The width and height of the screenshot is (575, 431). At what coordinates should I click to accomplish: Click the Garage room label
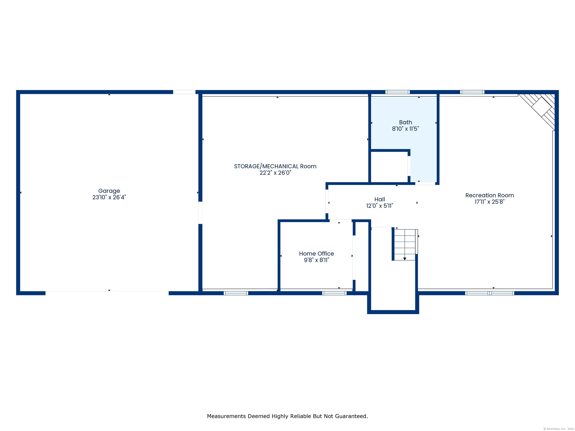pyautogui.click(x=109, y=191)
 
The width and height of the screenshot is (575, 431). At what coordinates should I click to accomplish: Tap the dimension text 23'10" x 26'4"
pyautogui.click(x=109, y=197)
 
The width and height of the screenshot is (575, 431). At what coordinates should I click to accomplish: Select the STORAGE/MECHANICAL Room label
pyautogui.click(x=275, y=166)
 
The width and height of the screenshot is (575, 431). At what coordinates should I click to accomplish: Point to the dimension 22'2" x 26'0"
pyautogui.click(x=275, y=173)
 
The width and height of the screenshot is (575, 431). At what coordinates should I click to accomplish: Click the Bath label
pyautogui.click(x=406, y=122)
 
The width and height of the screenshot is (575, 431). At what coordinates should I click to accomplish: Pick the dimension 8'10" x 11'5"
pyautogui.click(x=406, y=129)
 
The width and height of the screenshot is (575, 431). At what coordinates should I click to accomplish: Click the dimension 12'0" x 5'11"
pyautogui.click(x=380, y=206)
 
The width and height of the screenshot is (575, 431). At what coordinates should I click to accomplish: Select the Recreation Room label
pyautogui.click(x=489, y=195)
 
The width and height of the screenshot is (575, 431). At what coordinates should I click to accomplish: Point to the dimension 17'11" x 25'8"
pyautogui.click(x=489, y=202)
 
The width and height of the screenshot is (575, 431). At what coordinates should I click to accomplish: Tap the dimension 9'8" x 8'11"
pyautogui.click(x=316, y=260)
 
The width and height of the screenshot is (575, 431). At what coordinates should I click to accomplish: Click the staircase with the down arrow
pyautogui.click(x=405, y=245)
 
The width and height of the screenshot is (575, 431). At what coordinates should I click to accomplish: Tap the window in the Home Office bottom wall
pyautogui.click(x=334, y=293)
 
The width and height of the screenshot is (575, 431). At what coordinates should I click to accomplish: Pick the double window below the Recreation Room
pyautogui.click(x=489, y=293)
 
